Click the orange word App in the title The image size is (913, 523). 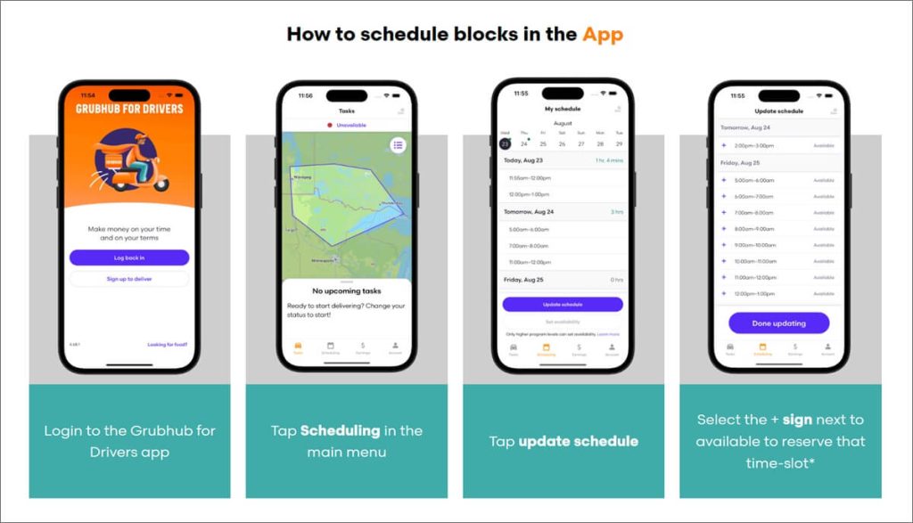point(603,35)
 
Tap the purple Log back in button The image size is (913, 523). point(129,257)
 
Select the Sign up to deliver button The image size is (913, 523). point(129,279)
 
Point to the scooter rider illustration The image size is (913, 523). point(130,161)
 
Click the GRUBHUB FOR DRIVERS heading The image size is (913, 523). point(129,109)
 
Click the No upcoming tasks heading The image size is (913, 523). point(347,290)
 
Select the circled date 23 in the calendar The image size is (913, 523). point(505,143)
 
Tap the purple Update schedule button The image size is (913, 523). point(563,304)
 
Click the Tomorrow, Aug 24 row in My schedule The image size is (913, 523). point(529,212)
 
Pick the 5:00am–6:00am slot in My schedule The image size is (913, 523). point(529,229)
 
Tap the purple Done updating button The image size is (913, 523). point(778,323)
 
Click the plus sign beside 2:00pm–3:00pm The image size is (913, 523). point(724,144)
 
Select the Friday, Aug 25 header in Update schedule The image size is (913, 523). point(741,163)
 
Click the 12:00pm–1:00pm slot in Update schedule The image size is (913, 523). point(754,293)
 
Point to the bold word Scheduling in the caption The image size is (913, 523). point(340,430)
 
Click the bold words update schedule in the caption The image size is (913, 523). point(578,441)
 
